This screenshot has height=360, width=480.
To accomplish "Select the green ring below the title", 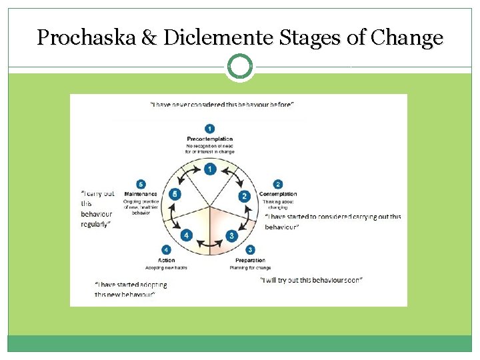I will coord(240,67).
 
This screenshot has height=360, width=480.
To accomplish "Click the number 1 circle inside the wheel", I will coord(210,169).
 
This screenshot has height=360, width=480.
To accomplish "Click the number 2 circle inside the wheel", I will coord(244,196).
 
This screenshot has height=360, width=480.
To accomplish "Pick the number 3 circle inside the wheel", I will coord(231,235).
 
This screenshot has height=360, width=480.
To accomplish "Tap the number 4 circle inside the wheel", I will coord(187,235).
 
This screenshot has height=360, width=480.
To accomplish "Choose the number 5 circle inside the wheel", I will coord(174,195).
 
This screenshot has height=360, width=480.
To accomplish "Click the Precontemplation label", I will coord(210,139).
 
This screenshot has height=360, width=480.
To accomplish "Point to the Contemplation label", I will coord(278,195).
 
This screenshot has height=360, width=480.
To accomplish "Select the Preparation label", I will coord(250,261).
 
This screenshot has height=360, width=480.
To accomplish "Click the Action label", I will coord(167,261).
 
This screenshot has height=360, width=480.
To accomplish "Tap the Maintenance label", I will coord(141,195).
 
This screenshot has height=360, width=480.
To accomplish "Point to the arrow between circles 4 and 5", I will coord(175,217).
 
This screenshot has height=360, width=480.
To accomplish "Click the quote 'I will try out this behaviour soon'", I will coord(311,280).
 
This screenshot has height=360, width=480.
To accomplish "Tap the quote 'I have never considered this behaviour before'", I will coord(222,105).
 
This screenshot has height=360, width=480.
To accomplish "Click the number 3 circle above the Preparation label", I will coord(250,251).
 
